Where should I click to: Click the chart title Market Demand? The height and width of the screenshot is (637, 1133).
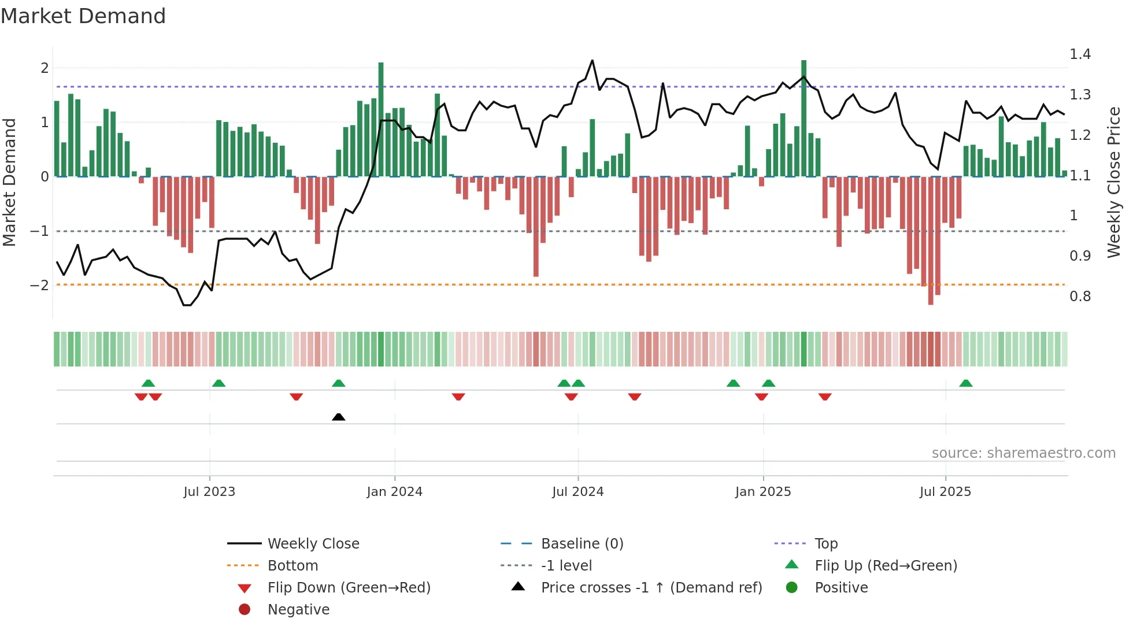(83, 16)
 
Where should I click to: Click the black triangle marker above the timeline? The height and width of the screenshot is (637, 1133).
(339, 417)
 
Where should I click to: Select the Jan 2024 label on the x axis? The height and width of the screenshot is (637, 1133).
(394, 492)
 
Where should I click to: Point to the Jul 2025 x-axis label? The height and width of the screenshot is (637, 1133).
(945, 492)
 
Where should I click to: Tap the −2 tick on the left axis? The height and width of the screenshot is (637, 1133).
(39, 285)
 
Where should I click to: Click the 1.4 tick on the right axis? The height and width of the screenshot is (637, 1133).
(1080, 54)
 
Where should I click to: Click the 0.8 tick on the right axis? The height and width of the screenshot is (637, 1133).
(1080, 297)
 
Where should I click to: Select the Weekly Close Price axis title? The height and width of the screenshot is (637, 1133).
(1113, 182)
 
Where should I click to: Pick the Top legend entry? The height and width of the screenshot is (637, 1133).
(825, 544)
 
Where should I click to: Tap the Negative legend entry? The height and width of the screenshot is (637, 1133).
(298, 610)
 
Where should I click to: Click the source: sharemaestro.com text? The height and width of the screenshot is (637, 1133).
(1023, 453)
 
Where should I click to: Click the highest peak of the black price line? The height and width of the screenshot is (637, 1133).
(592, 61)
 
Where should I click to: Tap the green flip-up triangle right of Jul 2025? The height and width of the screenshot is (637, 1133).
(966, 383)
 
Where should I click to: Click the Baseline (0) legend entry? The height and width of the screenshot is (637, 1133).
(582, 544)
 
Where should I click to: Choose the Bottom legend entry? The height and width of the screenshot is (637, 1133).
(292, 566)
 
